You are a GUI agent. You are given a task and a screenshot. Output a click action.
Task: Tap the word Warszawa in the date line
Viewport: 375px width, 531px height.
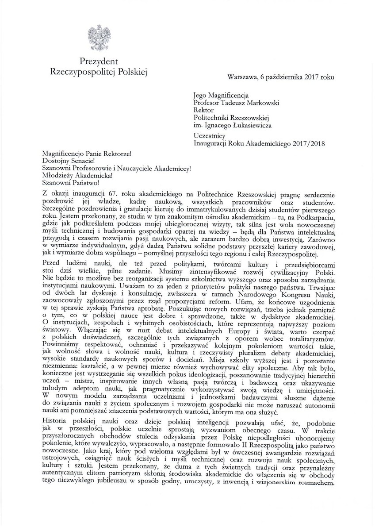coord(242,76)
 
